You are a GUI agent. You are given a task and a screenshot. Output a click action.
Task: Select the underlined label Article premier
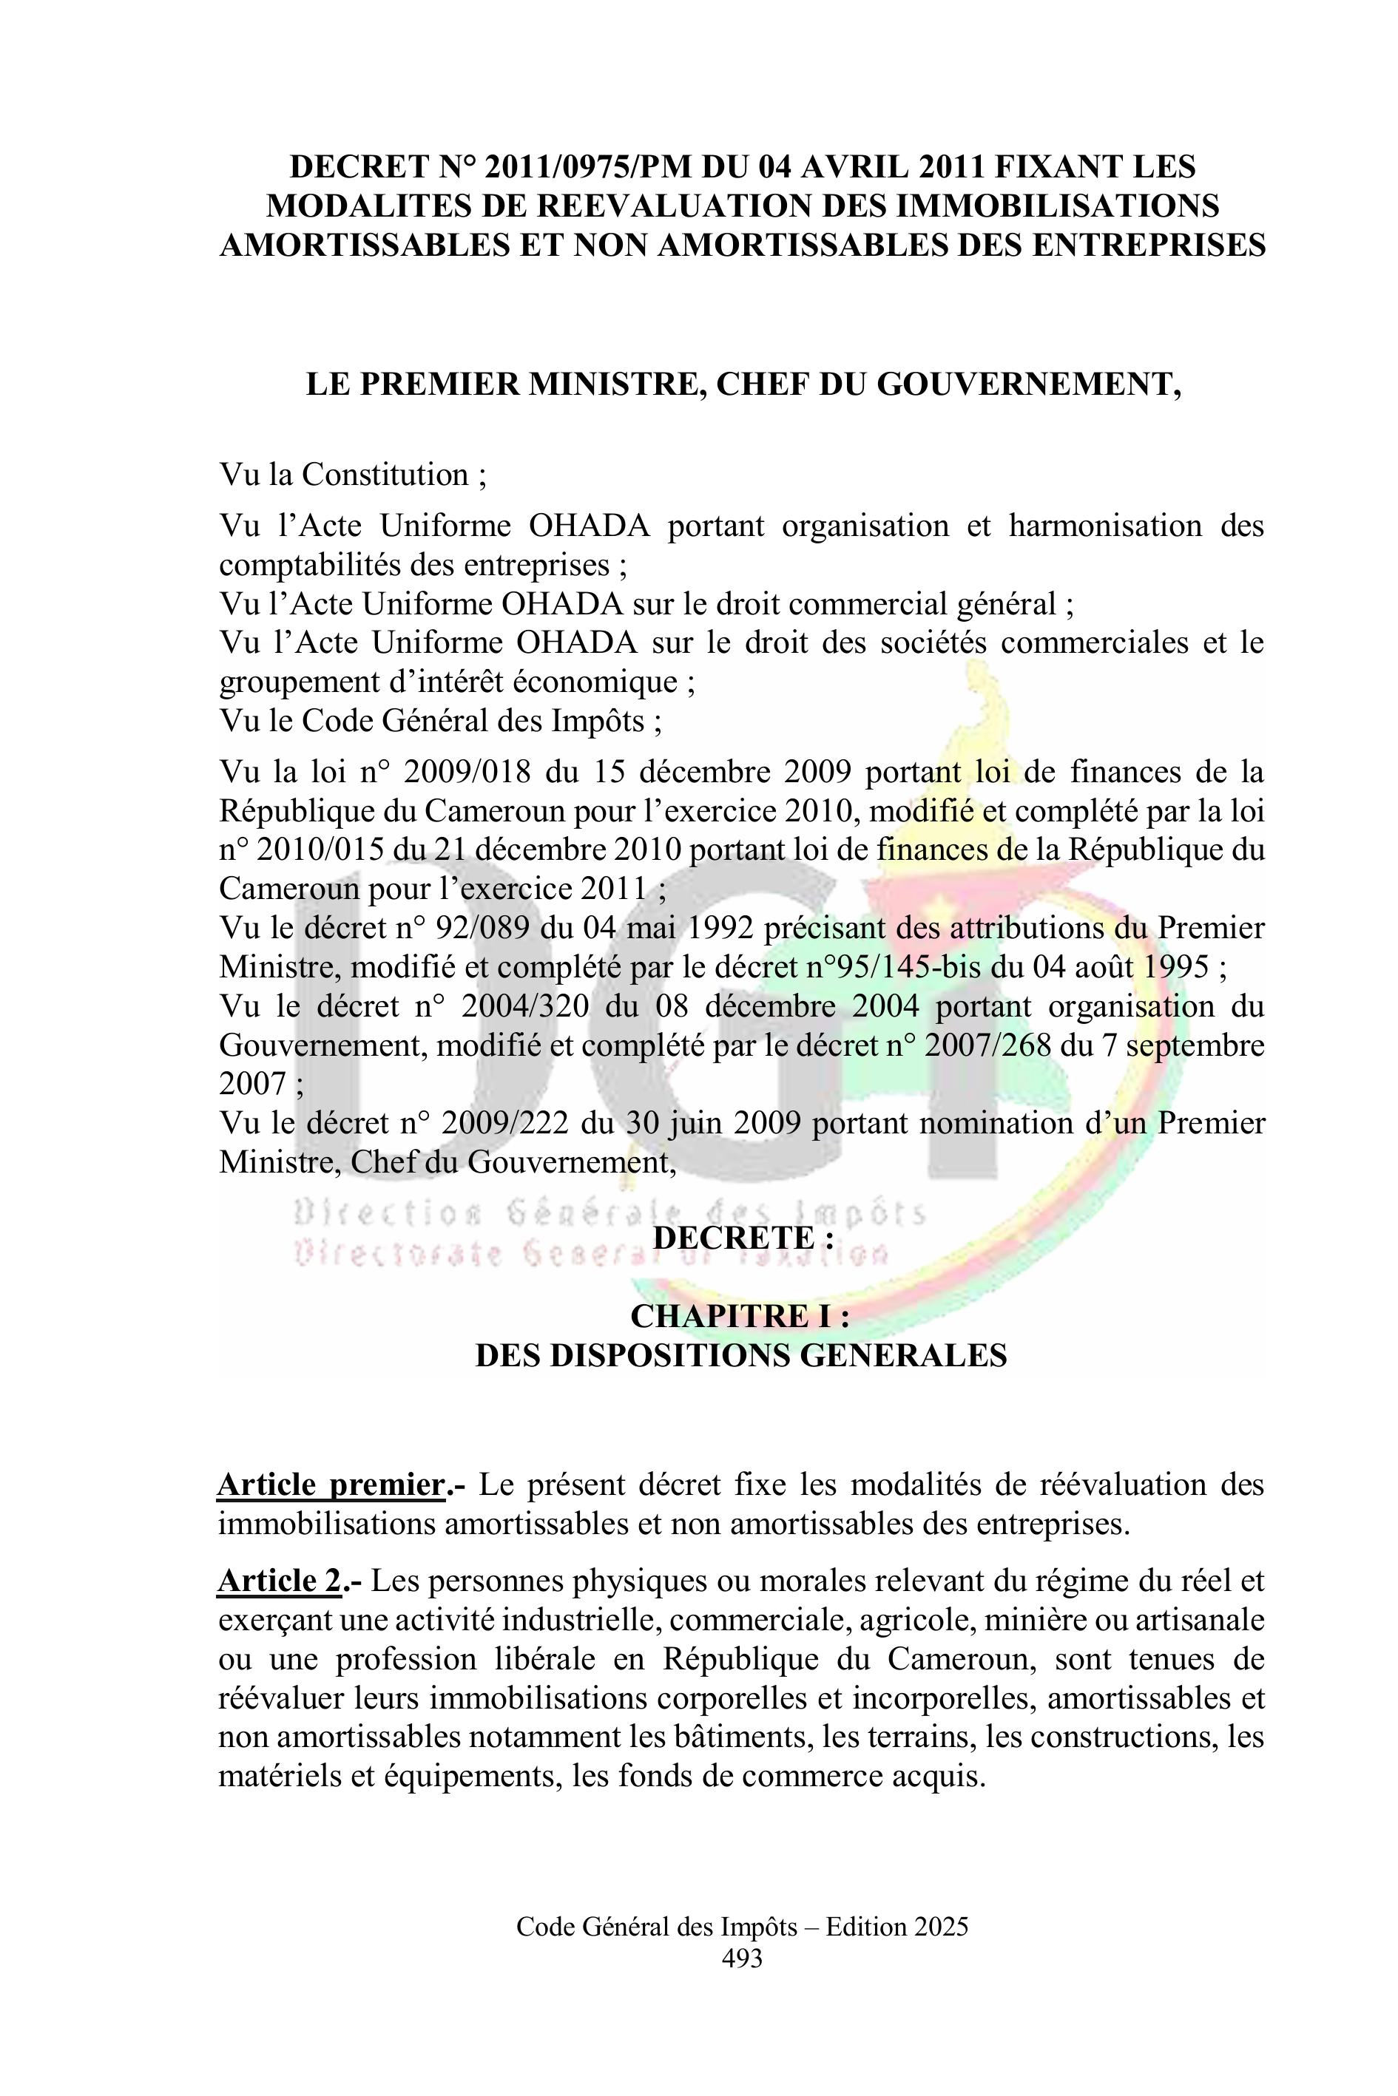[331, 1485]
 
